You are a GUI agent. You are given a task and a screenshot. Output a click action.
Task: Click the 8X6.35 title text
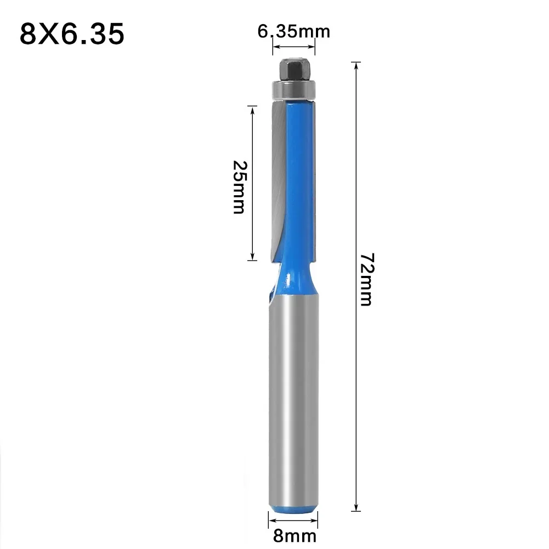pyautogui.click(x=72, y=34)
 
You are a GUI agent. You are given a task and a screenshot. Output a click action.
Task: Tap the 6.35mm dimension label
pyautogui.click(x=294, y=32)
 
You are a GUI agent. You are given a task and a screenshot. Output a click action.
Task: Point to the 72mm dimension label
pyautogui.click(x=366, y=279)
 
